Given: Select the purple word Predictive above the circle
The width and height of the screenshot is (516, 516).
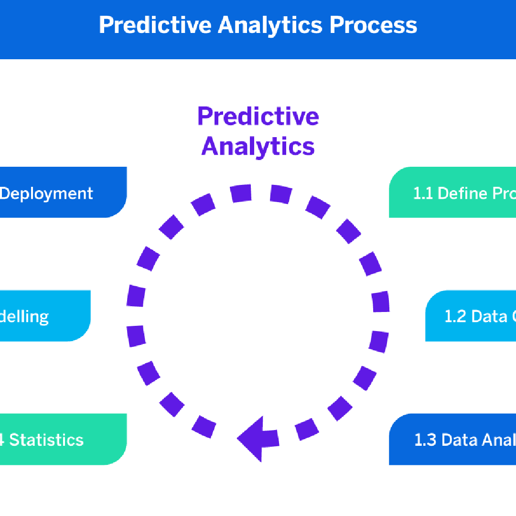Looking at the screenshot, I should pos(258,116).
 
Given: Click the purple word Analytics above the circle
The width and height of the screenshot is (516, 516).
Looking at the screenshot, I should pos(258,146).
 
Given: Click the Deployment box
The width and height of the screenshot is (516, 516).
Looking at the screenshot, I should pos(62,192).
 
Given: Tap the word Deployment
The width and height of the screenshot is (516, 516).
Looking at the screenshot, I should pos(46,193).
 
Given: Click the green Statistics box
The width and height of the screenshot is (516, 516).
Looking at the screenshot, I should pos(62,439).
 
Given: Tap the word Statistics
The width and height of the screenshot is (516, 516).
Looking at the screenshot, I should pos(46,440).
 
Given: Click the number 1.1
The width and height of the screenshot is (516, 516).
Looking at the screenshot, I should pos(423,193).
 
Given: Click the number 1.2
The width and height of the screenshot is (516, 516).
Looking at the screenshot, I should pos(455,316).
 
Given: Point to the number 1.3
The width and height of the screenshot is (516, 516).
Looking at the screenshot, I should pos(425,440).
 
